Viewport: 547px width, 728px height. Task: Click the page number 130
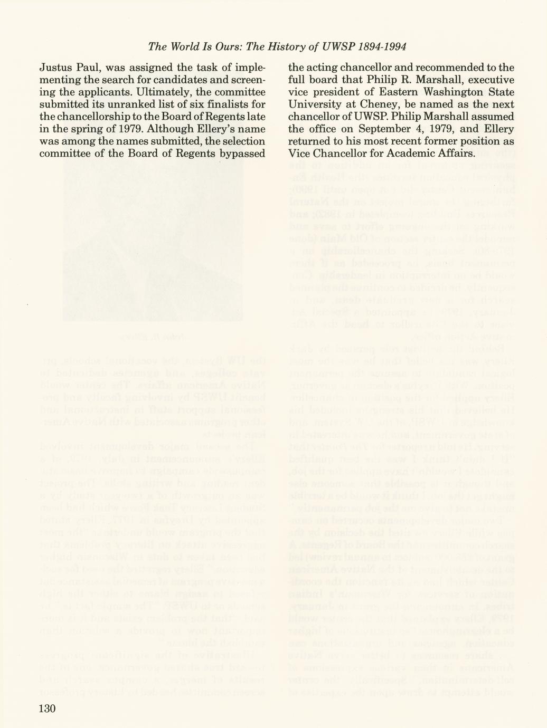tap(47, 708)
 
